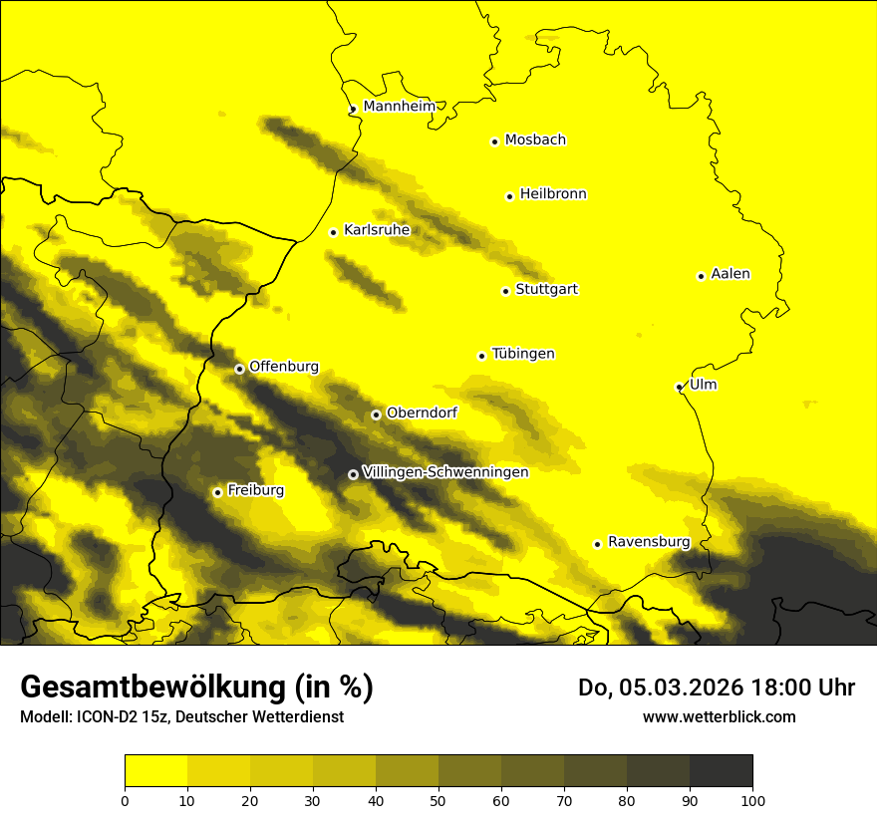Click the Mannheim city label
tap(399, 107)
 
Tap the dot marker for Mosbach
tap(494, 141)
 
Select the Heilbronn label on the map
tap(553, 194)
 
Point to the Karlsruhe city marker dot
tap(334, 232)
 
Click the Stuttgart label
tap(546, 290)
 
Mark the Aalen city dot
tap(701, 276)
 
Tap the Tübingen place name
tap(523, 354)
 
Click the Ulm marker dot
tap(679, 387)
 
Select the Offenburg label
tap(284, 367)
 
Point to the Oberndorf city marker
tap(376, 414)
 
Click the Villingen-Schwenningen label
tap(445, 472)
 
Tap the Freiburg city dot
tap(217, 492)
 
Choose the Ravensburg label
tap(649, 542)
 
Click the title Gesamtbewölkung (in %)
tap(196, 687)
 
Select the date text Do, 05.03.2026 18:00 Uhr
tap(717, 688)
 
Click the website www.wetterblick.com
tap(719, 716)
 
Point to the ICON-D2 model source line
tap(181, 717)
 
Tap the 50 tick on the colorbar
tap(438, 799)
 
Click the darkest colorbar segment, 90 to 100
tap(721, 771)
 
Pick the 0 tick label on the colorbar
tap(125, 799)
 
